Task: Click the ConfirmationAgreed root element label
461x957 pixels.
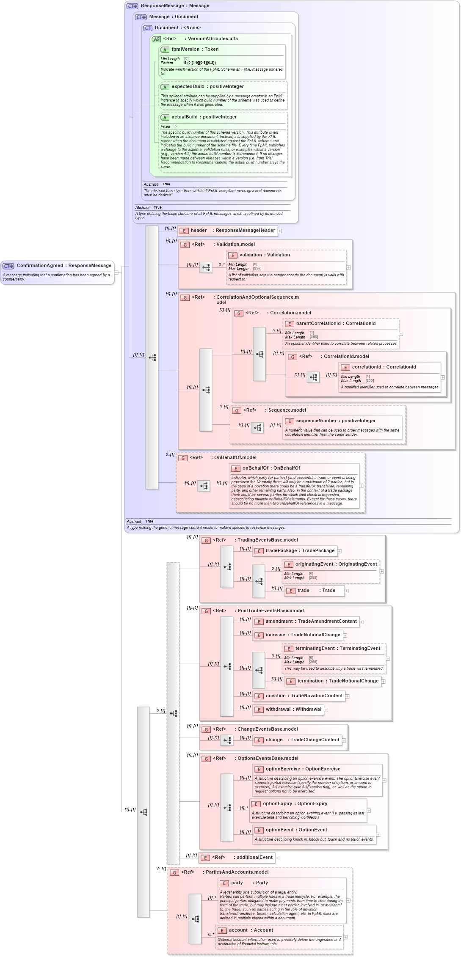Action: click(x=63, y=266)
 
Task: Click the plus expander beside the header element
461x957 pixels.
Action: click(x=280, y=231)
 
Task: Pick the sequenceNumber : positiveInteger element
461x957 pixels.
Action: click(x=335, y=421)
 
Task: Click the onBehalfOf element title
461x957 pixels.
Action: click(x=271, y=468)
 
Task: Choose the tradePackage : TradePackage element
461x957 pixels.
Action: click(x=299, y=551)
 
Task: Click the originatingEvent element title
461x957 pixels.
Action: click(x=336, y=564)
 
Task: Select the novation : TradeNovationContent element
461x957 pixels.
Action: click(x=304, y=696)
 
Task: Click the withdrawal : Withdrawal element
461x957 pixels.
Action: click(x=293, y=709)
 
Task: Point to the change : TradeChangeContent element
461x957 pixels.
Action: click(x=302, y=740)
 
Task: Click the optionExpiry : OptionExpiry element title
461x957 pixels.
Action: click(x=295, y=804)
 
